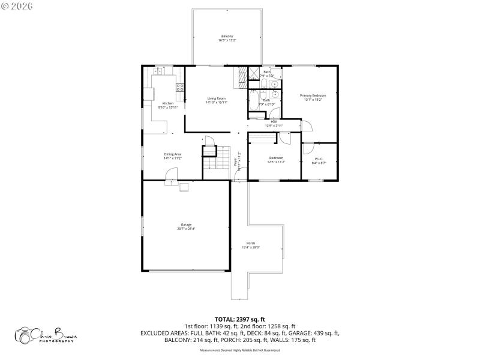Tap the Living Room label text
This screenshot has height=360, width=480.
pos(217,100)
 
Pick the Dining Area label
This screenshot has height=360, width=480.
pos(173,156)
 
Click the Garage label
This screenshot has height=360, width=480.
pos(186,226)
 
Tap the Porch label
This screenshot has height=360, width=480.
pos(251,245)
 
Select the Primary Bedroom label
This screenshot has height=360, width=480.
pos(313,97)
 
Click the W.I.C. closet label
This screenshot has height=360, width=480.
pos(319,161)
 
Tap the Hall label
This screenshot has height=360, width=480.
pos(274,124)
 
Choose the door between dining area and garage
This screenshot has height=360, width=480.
pos(171,175)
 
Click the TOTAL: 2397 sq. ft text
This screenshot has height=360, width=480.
pos(240,319)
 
